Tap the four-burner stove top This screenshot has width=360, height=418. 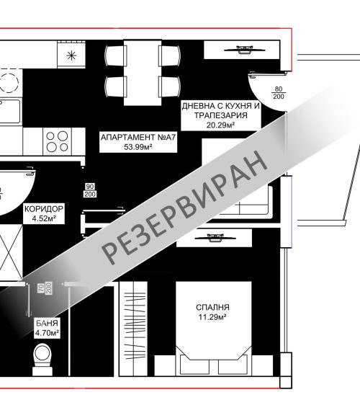pyautogui.click(x=58, y=141)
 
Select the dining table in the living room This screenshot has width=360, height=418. pyautogui.click(x=143, y=73)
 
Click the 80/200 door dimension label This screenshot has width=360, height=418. pyautogui.click(x=278, y=92)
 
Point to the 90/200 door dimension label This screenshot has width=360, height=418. pyautogui.click(x=90, y=190)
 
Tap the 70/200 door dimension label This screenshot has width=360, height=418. pyautogui.click(x=45, y=288)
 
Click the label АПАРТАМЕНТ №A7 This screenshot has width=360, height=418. pyautogui.click(x=138, y=137)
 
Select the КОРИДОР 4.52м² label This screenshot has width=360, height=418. pyautogui.click(x=44, y=213)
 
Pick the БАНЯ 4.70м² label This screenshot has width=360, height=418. pyautogui.click(x=47, y=328)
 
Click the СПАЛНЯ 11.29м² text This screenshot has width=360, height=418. pyautogui.click(x=212, y=312)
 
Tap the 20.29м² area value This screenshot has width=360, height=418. pyautogui.click(x=220, y=125)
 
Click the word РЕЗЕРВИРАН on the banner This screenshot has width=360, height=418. pyautogui.click(x=184, y=207)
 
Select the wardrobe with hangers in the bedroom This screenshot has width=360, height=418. pyautogui.click(x=133, y=329)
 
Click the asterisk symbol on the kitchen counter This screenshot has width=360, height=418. pyautogui.click(x=71, y=55)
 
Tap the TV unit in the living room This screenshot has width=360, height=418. pyautogui.click(x=241, y=50)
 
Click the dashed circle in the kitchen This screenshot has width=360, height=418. pyautogui.click(x=9, y=81)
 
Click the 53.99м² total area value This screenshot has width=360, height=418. pyautogui.click(x=138, y=147)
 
